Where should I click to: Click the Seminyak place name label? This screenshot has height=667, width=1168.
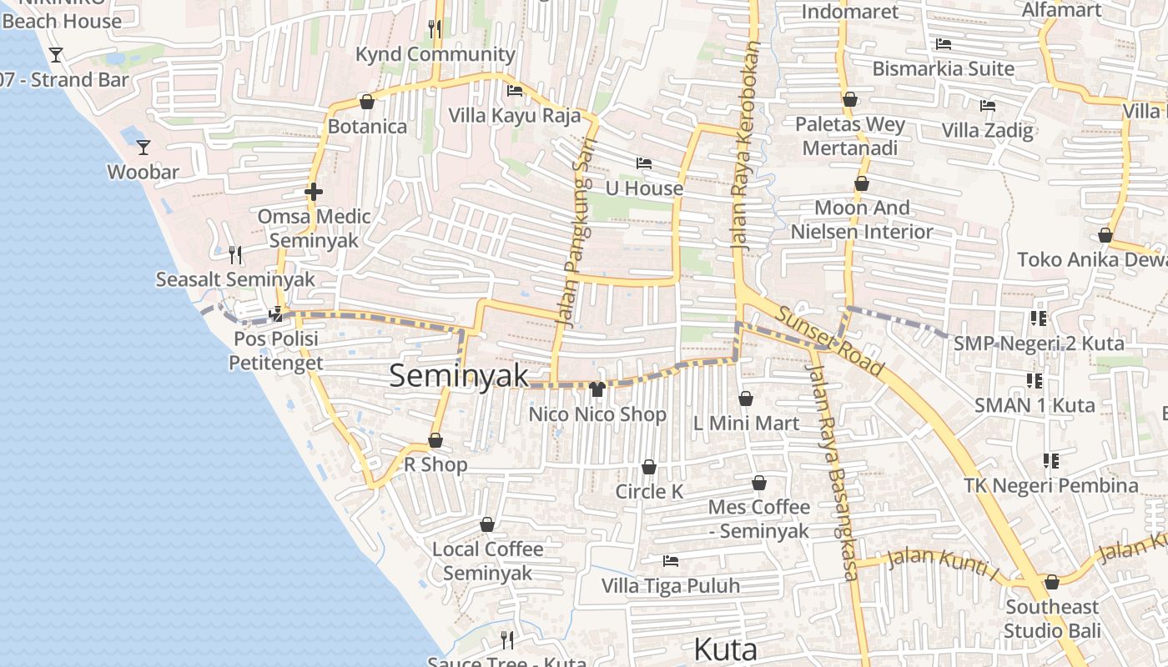[x=459, y=375]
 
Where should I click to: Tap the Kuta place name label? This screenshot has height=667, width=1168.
[x=725, y=649]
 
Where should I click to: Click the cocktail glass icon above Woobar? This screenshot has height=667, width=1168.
[x=143, y=148]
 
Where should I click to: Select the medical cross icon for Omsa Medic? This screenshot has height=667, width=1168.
[x=314, y=193]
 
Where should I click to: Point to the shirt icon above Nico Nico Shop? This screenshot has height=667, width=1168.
[x=597, y=389]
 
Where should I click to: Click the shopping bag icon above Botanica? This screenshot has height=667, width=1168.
[x=366, y=103]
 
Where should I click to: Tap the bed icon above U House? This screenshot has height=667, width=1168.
[x=643, y=163]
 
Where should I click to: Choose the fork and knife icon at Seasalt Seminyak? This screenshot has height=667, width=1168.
[x=236, y=254]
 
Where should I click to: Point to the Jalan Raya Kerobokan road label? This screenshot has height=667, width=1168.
[x=745, y=146]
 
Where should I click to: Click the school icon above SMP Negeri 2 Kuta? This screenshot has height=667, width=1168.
[x=1038, y=318]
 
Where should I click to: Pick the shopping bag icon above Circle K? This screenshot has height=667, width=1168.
[x=649, y=468]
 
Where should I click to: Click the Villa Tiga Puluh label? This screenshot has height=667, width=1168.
[x=671, y=586]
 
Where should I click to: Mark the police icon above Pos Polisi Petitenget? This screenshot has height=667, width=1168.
[x=276, y=315]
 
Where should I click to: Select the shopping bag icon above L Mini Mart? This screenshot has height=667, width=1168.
[x=746, y=399]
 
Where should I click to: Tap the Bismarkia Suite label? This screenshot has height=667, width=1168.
[x=943, y=68]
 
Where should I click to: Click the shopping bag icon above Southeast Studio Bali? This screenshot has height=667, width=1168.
[x=1051, y=582]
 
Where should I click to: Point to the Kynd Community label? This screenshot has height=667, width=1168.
[x=435, y=54]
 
